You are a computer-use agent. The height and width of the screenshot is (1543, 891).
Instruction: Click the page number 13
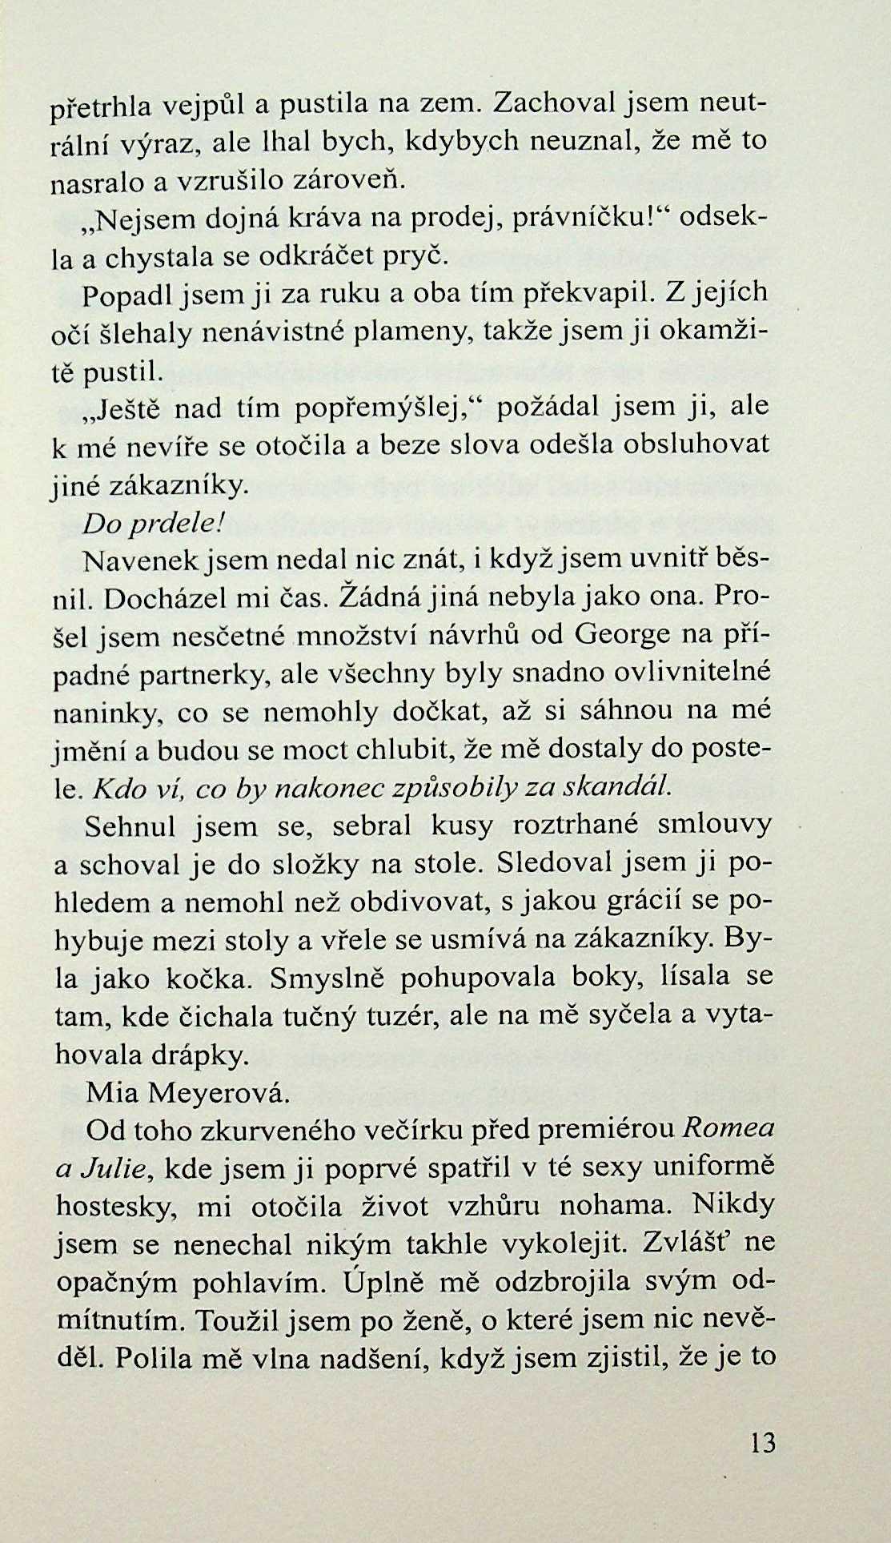tap(764, 1443)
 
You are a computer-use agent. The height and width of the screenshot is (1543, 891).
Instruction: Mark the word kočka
tap(212, 978)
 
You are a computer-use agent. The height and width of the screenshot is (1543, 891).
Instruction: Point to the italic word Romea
tap(727, 1130)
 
